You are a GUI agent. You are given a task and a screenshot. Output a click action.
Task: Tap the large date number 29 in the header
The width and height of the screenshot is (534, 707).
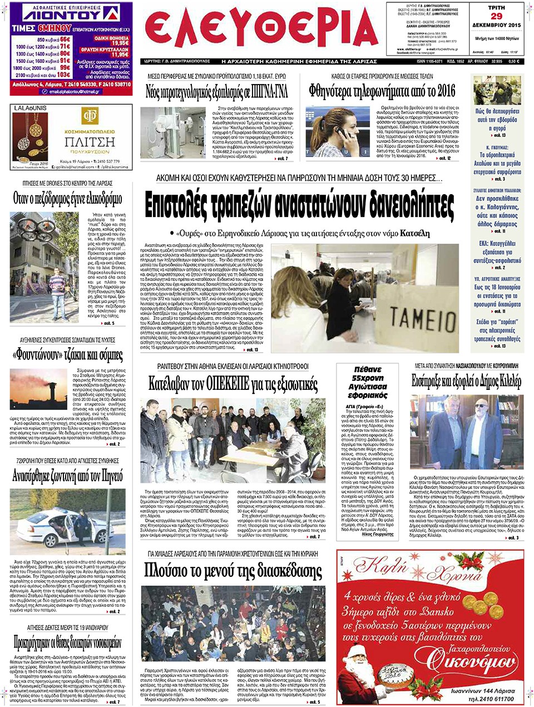click(496, 16)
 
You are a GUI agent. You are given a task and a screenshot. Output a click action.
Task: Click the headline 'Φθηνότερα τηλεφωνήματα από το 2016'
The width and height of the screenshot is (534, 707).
click(382, 91)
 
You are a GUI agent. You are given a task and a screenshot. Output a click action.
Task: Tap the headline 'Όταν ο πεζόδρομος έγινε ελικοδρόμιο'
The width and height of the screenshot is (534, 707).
click(67, 198)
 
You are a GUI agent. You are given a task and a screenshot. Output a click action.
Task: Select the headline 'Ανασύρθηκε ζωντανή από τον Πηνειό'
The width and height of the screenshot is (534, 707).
click(67, 476)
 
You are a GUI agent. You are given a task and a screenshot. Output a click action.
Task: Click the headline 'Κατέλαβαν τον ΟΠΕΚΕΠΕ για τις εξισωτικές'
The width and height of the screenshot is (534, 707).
click(233, 383)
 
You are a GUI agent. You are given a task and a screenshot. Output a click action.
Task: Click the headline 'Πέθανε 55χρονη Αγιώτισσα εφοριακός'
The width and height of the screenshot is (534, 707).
click(367, 382)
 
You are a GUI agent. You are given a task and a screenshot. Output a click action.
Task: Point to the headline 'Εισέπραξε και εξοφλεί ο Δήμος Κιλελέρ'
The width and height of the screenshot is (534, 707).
click(466, 381)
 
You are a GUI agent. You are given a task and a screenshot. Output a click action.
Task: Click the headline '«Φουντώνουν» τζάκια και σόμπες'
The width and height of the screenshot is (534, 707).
click(67, 355)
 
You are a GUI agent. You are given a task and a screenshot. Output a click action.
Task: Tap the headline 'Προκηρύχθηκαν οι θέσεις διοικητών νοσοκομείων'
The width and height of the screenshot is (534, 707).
click(67, 644)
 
